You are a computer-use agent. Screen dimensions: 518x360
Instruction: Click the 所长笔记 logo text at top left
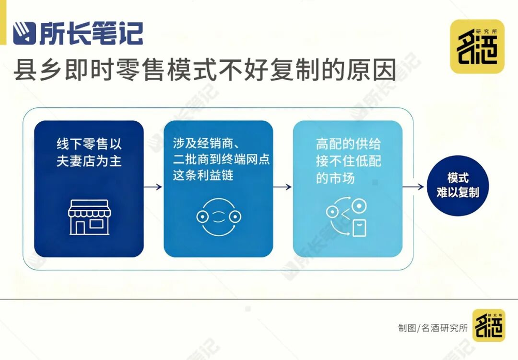coord(91,33)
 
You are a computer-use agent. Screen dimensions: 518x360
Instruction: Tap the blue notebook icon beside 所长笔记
coord(24,33)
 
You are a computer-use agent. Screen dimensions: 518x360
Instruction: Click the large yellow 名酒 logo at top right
coord(477,47)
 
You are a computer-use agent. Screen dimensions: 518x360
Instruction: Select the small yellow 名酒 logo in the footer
coord(488,325)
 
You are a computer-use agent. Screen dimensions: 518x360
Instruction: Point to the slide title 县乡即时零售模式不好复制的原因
coord(205,70)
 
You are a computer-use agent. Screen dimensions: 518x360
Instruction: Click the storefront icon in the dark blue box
coord(89,217)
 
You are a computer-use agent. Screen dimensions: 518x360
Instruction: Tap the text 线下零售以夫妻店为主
coord(89,153)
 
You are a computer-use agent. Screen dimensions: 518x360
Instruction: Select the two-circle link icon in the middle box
coord(219,217)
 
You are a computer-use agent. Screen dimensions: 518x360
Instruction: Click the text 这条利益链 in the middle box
coord(203,176)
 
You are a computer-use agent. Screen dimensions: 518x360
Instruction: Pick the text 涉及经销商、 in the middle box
coord(207,143)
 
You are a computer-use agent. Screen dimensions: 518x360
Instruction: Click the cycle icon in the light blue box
coord(347,217)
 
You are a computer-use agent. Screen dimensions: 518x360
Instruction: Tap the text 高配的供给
coord(348,144)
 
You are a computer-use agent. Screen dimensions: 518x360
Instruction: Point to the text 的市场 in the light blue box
coord(335,178)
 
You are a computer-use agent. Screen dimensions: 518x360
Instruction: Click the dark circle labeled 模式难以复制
coord(457,185)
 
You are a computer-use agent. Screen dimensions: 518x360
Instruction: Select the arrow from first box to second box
coord(153,187)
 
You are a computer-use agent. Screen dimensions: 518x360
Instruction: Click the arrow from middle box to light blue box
coord(282,187)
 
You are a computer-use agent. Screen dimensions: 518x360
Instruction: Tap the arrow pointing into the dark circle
coord(413,187)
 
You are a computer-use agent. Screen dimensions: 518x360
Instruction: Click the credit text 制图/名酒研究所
coord(433,328)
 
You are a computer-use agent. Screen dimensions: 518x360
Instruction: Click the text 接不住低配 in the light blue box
coord(348,161)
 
